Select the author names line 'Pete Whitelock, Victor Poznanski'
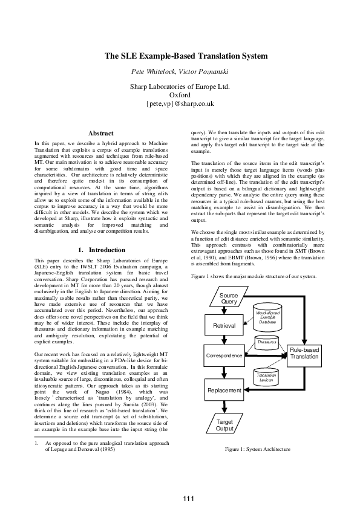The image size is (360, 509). [180, 71]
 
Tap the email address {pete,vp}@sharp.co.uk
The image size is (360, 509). [180, 104]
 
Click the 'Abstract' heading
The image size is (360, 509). [101, 133]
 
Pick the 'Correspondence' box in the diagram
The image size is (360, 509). [224, 356]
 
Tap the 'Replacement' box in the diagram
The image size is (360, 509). [224, 391]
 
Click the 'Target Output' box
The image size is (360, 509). [224, 425]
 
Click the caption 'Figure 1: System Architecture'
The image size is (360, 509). [257, 449]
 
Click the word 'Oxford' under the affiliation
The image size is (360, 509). [180, 96]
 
